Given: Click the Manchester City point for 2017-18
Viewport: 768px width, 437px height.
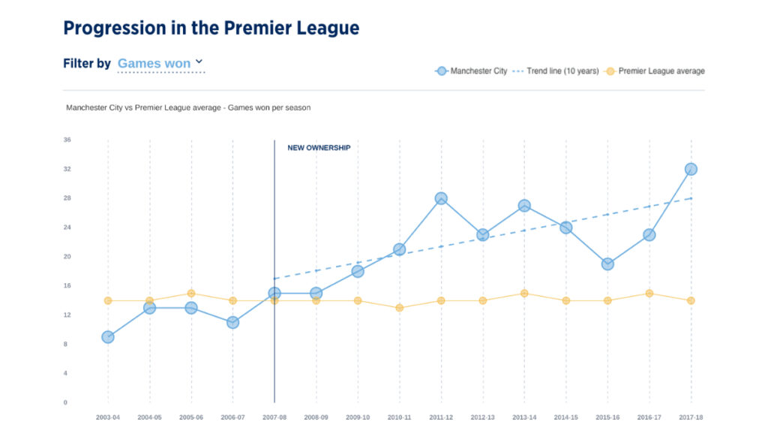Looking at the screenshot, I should (x=691, y=169).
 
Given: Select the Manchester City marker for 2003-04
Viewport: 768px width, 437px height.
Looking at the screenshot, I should (x=108, y=337).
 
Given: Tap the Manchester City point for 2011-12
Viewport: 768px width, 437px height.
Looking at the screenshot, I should (x=441, y=198).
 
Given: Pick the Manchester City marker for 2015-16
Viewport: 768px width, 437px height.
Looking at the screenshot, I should (x=607, y=264).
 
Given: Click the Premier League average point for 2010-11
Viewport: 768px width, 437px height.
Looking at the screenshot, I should (x=399, y=308).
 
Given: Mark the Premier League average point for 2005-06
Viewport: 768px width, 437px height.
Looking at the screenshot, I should (x=191, y=294).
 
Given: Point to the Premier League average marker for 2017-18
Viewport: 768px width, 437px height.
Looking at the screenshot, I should (x=691, y=300).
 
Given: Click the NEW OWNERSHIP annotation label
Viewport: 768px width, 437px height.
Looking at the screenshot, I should (x=319, y=148).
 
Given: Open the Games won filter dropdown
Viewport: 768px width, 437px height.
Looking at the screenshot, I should (x=160, y=64).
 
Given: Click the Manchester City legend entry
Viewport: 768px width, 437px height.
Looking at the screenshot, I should (x=472, y=71).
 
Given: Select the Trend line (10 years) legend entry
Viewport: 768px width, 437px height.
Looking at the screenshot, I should (x=556, y=71).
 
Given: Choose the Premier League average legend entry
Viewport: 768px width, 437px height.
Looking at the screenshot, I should (x=655, y=71).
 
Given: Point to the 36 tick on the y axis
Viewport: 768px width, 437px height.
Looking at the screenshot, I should (x=67, y=140).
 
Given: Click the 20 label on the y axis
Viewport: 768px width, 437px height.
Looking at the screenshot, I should (x=67, y=257).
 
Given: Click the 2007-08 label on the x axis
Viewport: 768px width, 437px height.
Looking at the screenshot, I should (x=274, y=417).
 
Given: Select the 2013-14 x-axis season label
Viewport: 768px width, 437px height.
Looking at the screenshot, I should (x=524, y=417).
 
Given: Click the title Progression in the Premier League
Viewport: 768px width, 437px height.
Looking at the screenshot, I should (x=211, y=29).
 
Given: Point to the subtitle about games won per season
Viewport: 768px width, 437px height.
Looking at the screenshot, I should (x=188, y=108).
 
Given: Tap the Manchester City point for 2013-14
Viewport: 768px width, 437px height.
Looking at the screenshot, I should (x=524, y=206).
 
